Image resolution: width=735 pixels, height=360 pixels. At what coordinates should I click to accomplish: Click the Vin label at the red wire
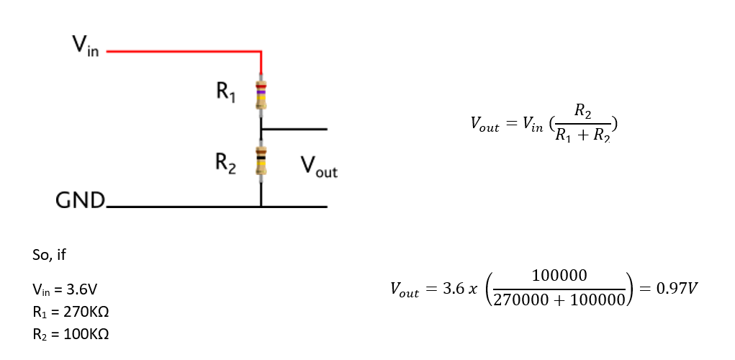click(84, 48)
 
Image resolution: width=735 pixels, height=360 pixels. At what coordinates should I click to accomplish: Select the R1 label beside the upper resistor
click(225, 91)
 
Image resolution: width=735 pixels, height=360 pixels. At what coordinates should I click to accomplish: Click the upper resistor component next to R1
click(261, 94)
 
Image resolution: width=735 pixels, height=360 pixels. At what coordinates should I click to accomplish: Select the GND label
click(80, 199)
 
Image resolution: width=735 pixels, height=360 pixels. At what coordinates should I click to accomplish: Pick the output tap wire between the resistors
click(295, 130)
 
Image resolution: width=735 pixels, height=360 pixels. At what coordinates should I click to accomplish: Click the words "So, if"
click(50, 255)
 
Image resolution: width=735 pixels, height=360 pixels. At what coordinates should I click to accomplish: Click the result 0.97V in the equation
click(677, 289)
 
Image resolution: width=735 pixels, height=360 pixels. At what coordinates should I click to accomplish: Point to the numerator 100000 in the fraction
click(559, 276)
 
